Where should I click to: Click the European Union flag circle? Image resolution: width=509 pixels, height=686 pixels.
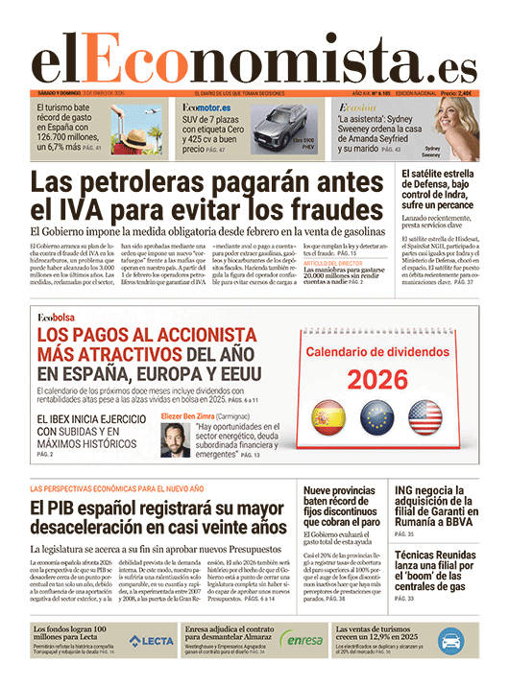point(377,419)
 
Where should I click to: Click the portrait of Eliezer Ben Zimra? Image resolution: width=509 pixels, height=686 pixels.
point(173,435)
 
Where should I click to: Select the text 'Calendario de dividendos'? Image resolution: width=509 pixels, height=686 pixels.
point(376,352)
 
